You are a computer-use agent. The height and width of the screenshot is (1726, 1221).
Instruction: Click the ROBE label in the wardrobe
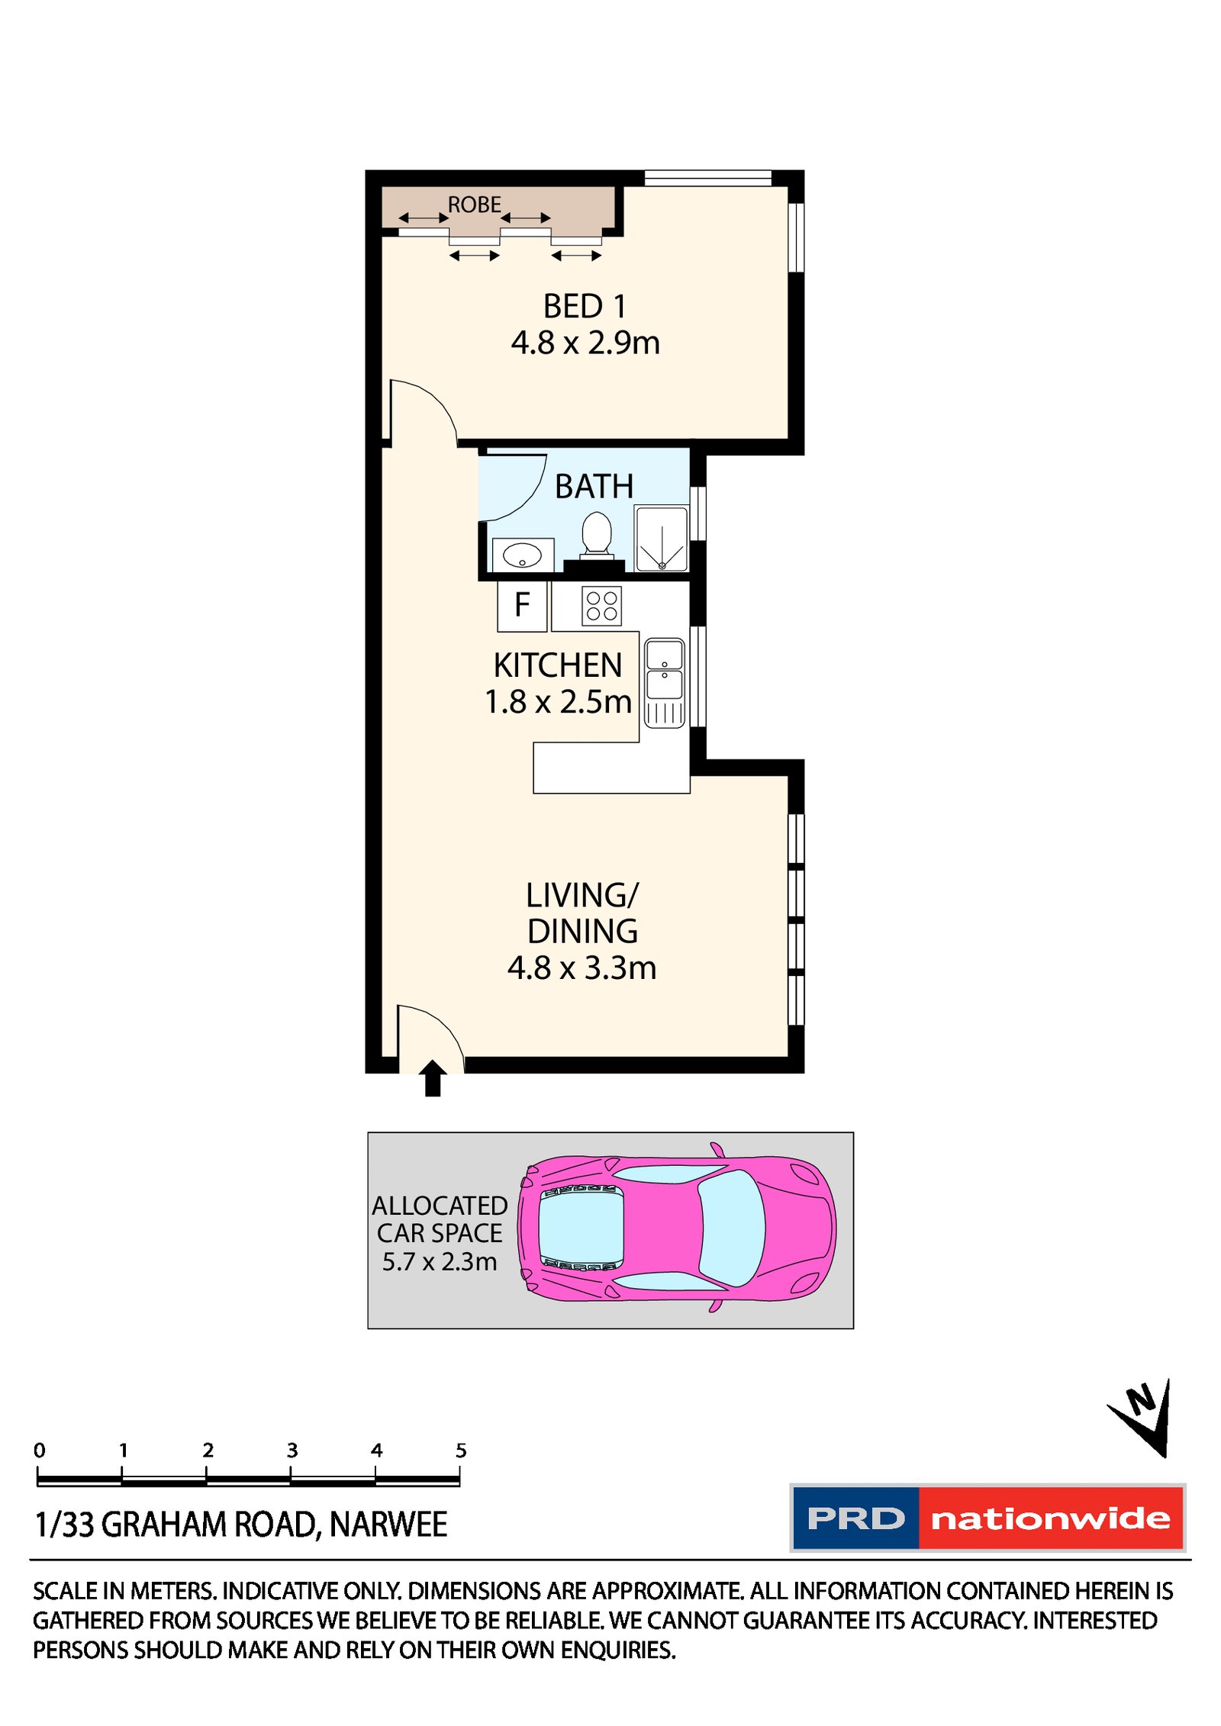473,204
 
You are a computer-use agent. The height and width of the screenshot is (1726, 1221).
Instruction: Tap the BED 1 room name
584,307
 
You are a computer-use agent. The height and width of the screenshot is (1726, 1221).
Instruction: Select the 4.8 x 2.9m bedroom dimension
585,343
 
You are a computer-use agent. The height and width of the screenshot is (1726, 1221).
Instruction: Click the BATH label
593,486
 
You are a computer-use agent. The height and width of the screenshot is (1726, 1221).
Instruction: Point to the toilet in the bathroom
596,533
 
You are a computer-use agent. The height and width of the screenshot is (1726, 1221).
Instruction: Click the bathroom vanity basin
522,555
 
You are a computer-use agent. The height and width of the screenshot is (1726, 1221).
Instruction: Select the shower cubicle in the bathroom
661,539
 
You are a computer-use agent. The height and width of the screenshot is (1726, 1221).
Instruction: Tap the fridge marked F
521,605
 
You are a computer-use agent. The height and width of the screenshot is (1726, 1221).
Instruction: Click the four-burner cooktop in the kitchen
601,606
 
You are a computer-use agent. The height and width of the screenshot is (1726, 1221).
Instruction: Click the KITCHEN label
557,665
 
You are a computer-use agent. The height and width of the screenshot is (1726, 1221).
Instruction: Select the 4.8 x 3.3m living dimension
582,968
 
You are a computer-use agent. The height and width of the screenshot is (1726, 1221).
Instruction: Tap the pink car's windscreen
730,1228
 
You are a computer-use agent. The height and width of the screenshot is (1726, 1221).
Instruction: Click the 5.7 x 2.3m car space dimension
439,1261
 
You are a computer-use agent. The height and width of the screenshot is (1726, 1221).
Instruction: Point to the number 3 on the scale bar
292,1450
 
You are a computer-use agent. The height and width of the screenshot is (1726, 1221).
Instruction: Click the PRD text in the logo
855,1518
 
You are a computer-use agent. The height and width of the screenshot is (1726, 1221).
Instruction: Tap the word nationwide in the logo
1050,1518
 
